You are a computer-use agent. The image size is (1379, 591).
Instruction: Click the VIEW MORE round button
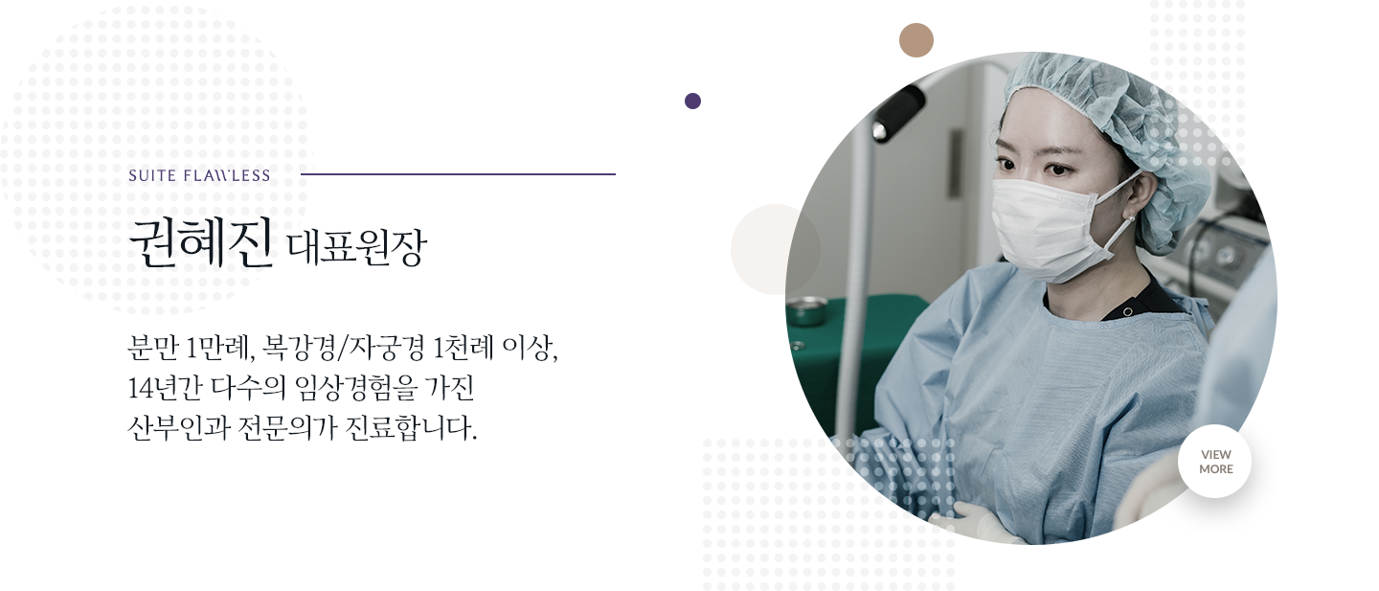(1215, 461)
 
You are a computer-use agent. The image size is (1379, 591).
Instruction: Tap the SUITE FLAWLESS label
(199, 175)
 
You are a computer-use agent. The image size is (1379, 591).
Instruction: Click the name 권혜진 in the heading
(201, 243)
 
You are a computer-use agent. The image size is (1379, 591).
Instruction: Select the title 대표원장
(357, 247)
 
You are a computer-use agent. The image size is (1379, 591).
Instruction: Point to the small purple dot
(692, 101)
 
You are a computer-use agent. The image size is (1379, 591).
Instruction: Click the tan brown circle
(916, 40)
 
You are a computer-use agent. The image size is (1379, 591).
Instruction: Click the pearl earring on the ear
(1131, 218)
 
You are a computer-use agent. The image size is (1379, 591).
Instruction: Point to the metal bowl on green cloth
(807, 310)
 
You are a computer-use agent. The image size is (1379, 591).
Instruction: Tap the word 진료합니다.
(411, 427)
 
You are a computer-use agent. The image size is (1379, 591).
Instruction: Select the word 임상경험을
(356, 388)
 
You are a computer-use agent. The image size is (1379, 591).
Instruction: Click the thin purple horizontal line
(458, 174)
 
